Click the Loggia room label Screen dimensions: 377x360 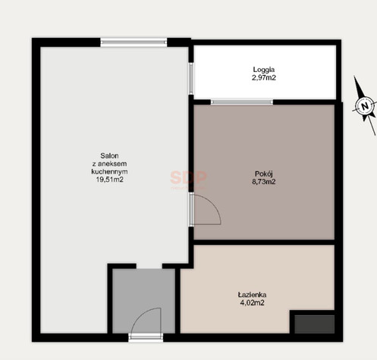pos(264,70)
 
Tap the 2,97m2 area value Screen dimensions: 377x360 pos(264,77)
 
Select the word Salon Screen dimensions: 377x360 pos(109,155)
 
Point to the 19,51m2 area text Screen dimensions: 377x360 pos(109,180)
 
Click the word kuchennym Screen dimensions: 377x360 pos(109,171)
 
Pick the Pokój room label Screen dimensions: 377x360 pos(264,174)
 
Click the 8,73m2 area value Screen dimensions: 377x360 pos(264,182)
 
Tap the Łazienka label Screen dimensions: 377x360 pos(252,295)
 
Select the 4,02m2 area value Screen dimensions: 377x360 pos(252,302)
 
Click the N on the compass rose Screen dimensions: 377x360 pos(365,106)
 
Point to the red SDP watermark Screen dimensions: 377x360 pos(188,177)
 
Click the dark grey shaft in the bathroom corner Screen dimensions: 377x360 pos(315,324)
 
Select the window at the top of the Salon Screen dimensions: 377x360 pos(134,42)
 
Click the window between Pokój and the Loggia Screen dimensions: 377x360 pos(242,102)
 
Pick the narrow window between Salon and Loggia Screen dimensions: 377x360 pos(191,79)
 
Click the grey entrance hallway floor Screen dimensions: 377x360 pos(143,290)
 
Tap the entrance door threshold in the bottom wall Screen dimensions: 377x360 pos(146,337)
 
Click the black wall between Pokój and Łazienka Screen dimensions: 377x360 pos(264,243)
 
